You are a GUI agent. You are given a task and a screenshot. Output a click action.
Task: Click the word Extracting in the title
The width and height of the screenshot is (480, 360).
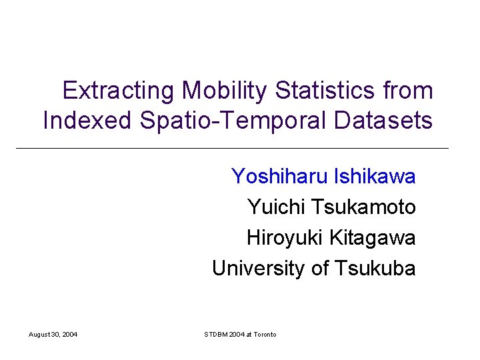(x=118, y=91)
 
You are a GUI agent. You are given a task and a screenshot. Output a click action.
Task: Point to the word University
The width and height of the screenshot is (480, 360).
(x=259, y=269)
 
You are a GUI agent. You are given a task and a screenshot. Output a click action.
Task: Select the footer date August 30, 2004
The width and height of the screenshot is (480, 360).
(x=53, y=334)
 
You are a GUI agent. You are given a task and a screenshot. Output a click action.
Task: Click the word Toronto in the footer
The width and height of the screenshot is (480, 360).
(x=264, y=334)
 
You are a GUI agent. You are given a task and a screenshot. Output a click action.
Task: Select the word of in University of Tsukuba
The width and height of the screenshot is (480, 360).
(x=320, y=269)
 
